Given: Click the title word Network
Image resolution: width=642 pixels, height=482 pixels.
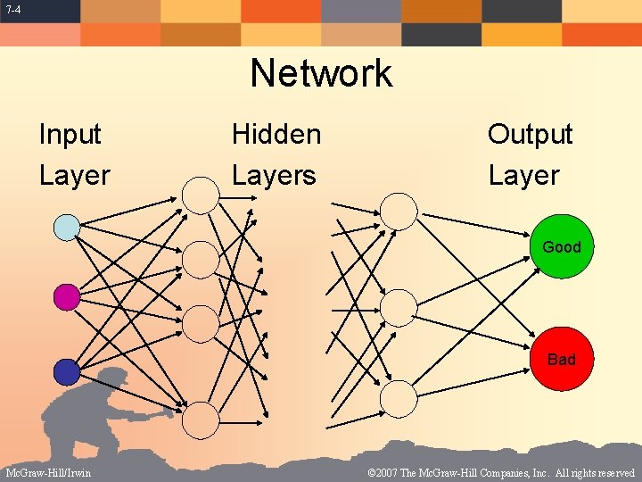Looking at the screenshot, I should coord(321,73).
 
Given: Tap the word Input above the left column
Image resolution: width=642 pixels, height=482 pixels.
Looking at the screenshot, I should coord(70,135).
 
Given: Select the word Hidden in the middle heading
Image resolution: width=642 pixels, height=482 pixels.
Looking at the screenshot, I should coord(276,135).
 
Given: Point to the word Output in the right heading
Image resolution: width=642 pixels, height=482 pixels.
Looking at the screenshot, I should coord(530,135).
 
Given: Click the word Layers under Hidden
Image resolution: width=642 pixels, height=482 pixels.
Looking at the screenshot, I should coord(274,175).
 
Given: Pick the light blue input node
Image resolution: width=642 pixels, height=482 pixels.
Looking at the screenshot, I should coord(67,228).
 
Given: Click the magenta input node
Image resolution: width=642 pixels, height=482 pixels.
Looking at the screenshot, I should coord(67,297).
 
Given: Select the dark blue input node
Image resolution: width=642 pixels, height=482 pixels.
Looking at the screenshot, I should coord(67,371).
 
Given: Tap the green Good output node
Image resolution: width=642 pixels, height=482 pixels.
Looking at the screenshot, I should coord(561,246).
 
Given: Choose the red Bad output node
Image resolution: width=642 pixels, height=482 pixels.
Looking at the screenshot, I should coord(561,359).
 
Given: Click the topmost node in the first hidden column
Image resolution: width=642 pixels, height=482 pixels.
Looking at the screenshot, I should coord(201,195).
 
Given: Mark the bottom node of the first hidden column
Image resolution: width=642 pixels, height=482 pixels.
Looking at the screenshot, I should coord(201,420).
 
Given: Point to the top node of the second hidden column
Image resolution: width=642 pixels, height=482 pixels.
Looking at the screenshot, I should coord(399,211).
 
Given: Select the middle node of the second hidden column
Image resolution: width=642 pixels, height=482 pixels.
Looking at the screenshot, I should coord(399,307).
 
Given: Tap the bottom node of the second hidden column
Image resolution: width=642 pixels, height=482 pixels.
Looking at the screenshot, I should coord(399,398).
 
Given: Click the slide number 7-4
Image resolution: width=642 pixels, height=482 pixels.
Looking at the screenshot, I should coord(13,10).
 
